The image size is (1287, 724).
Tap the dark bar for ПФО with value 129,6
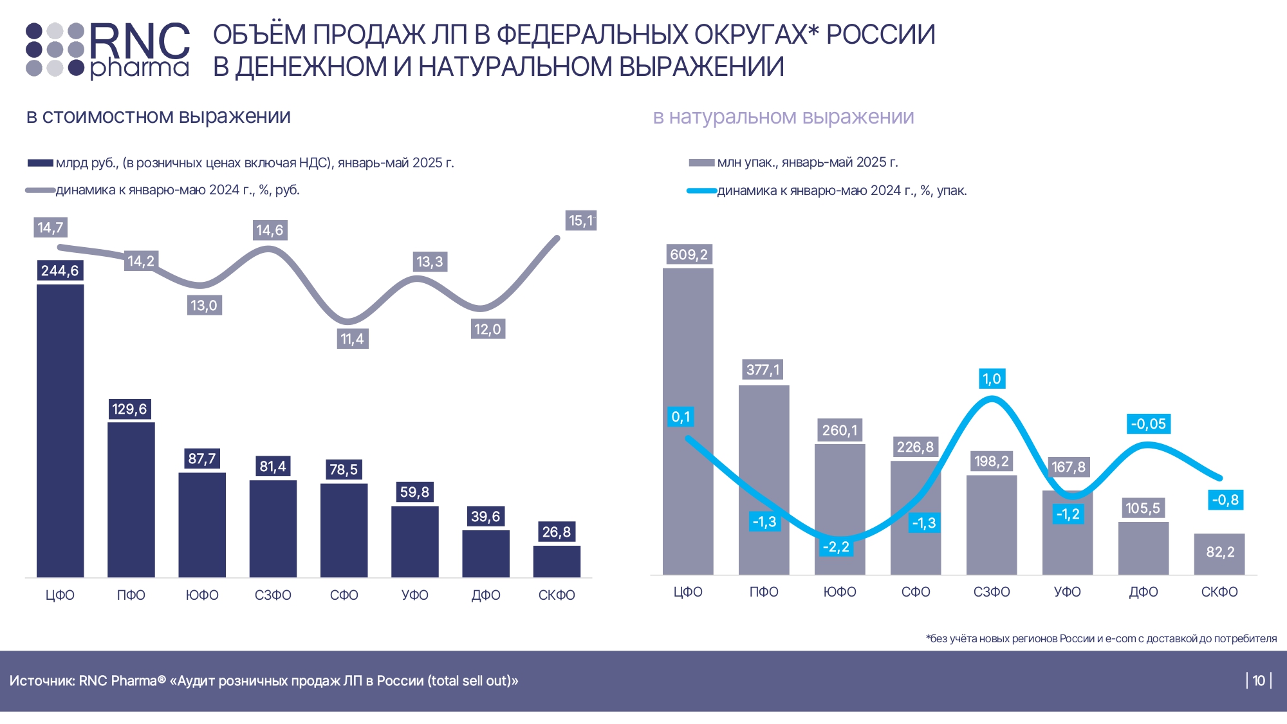[131, 499]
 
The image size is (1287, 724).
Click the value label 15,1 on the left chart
[580, 221]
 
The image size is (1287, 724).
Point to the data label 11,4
[352, 339]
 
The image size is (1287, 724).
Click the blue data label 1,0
[992, 379]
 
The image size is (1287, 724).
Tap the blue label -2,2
[836, 547]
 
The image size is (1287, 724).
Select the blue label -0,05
[1149, 424]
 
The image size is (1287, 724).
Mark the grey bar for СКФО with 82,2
[1219, 553]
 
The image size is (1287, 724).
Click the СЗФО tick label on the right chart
[992, 592]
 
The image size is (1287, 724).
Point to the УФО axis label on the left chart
[415, 595]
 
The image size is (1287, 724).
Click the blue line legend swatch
[701, 191]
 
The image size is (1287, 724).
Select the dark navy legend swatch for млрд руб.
[40, 163]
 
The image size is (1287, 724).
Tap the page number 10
[1259, 681]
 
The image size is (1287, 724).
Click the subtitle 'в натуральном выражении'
[783, 117]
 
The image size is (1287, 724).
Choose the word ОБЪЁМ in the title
[260, 35]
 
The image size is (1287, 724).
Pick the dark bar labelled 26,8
[557, 561]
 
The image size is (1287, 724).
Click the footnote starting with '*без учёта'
[1101, 638]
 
